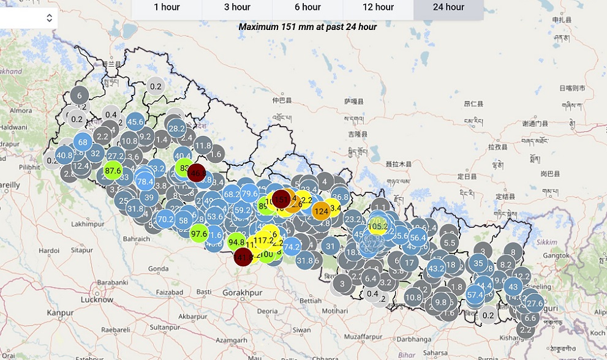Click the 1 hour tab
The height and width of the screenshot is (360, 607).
point(167,7)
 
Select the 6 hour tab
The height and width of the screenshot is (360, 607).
point(307,7)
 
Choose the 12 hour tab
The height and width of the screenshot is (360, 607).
point(378,7)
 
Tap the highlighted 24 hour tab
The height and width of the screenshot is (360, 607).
point(448,7)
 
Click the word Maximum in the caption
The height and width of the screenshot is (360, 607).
point(258,27)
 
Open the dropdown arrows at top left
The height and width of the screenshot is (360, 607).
point(49,18)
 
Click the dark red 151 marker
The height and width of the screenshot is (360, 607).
point(281,199)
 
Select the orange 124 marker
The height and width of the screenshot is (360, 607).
point(321,212)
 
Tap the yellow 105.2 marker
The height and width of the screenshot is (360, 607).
point(379,226)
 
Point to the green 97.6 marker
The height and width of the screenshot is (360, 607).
point(198,233)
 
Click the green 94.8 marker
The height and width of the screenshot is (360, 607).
point(236,242)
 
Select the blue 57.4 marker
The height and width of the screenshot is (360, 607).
point(475,294)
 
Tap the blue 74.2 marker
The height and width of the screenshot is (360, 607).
point(292,247)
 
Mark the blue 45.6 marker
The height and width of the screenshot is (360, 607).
point(135,122)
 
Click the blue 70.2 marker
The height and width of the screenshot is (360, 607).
point(165,219)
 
